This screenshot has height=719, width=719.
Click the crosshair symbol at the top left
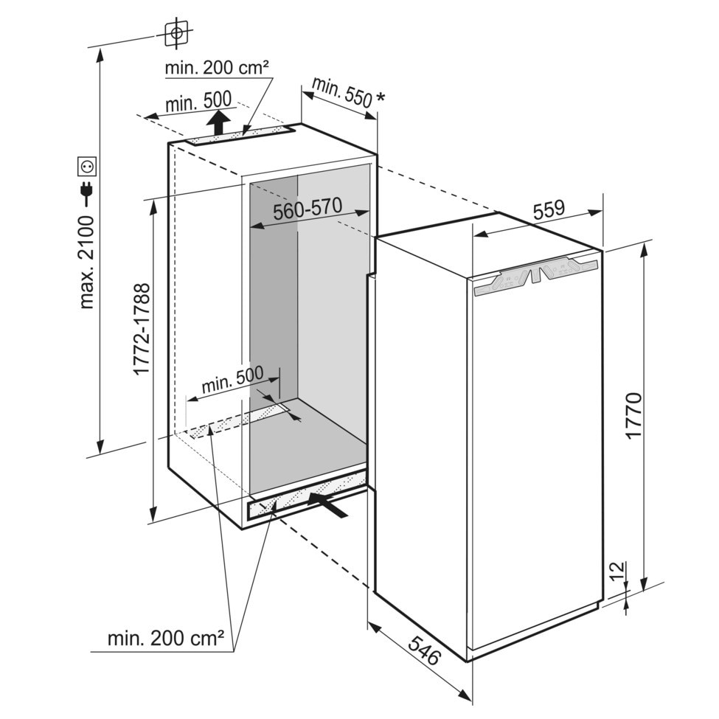tap(176, 32)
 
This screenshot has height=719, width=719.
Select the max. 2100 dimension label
tap(87, 262)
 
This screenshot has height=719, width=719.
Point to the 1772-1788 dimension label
tap(142, 328)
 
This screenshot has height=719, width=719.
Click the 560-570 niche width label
tap(307, 210)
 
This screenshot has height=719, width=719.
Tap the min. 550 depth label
tap(341, 91)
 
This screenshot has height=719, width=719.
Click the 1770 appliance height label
tap(633, 417)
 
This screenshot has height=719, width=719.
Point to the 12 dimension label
tap(617, 570)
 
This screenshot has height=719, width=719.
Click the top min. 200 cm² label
tap(217, 68)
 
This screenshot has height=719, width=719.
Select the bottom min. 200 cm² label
tap(166, 638)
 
